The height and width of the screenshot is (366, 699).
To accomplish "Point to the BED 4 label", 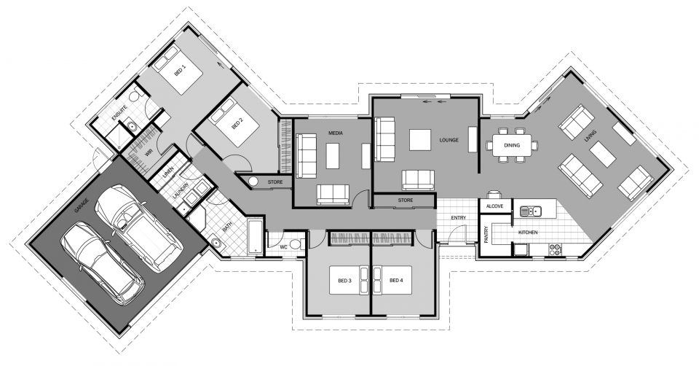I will pyautogui.click(x=396, y=280).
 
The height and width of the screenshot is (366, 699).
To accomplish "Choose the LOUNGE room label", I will pyautogui.click(x=449, y=139).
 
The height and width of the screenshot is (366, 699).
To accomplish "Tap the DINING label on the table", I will pyautogui.click(x=512, y=145).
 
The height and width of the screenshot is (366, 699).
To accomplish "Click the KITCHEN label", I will pyautogui.click(x=528, y=232).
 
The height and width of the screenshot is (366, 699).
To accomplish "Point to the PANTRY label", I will pyautogui.click(x=486, y=235).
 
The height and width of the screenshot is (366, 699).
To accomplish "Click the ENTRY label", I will pyautogui.click(x=459, y=217).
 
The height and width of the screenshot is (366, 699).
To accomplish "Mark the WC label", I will pyautogui.click(x=285, y=246).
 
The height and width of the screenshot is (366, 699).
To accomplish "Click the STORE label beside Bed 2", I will pyautogui.click(x=275, y=181).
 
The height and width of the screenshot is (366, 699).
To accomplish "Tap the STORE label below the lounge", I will pyautogui.click(x=406, y=199).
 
